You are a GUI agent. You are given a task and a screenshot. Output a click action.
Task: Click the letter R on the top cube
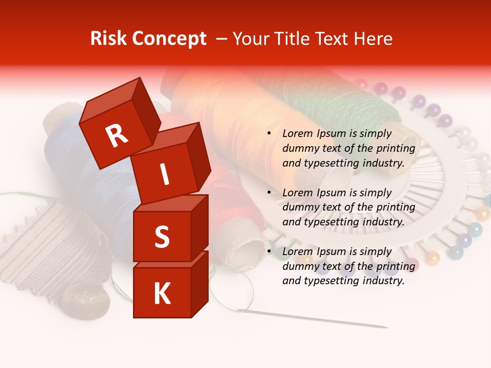click(x=117, y=135)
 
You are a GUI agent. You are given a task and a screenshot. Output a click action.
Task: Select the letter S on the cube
click(x=162, y=237)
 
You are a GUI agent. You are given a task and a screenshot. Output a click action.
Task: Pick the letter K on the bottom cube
click(x=162, y=294)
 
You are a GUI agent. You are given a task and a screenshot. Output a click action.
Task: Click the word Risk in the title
click(x=109, y=39)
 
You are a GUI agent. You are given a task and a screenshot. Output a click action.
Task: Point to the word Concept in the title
click(x=169, y=39)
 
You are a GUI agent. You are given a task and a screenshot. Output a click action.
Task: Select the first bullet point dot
click(x=269, y=133)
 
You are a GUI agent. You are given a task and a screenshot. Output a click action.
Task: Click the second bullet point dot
click(x=269, y=193)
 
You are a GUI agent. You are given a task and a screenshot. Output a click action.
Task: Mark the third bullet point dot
click(x=269, y=251)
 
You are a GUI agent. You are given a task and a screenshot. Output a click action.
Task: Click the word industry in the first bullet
click(x=384, y=163)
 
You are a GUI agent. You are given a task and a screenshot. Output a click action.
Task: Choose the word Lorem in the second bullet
click(x=297, y=193)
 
